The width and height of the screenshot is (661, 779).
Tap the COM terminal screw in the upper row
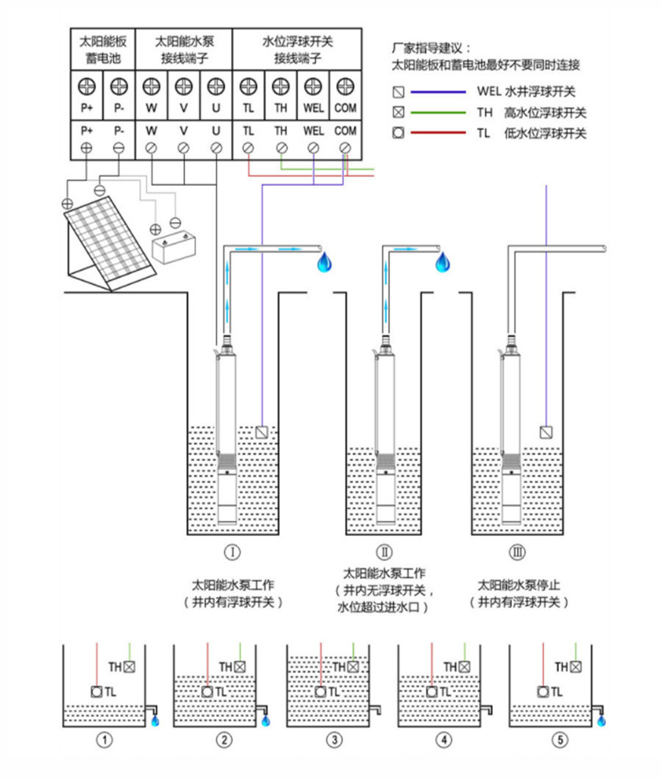click(345, 85)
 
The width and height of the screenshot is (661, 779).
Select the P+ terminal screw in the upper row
click(86, 85)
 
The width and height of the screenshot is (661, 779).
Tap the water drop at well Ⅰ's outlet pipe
click(324, 264)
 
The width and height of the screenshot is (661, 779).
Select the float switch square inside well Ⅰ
click(263, 433)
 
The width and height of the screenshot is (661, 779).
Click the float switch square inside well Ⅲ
click(546, 433)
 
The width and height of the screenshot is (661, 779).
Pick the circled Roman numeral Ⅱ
click(384, 553)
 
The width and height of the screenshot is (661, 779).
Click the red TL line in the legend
click(440, 133)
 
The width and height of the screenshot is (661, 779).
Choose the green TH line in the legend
click(440, 112)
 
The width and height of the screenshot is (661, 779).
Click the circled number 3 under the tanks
click(334, 740)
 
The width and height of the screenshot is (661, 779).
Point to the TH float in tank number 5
click(575, 667)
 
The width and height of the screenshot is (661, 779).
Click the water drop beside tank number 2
click(266, 720)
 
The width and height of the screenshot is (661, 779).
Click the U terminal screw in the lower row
click(216, 147)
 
